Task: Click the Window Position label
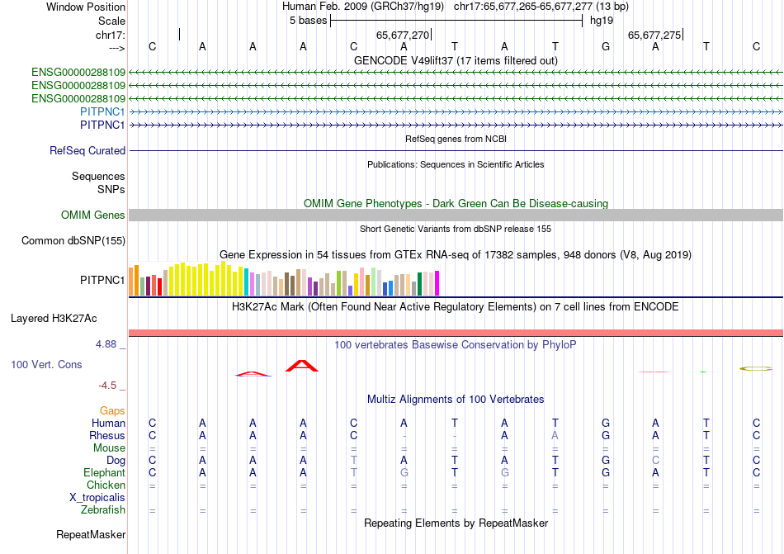(86, 7)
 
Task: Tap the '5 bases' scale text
(308, 21)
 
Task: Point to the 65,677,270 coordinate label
(403, 35)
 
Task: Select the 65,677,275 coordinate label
(654, 35)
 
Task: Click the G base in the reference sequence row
(606, 47)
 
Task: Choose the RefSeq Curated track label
(87, 151)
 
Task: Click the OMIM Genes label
(92, 215)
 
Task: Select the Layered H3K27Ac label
(54, 318)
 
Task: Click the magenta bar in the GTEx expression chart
(437, 283)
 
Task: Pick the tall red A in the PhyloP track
(302, 366)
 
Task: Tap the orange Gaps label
(112, 410)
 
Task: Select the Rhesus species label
(107, 435)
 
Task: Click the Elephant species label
(104, 472)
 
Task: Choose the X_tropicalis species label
(97, 498)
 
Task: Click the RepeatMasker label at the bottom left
(91, 535)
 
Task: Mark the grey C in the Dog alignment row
(656, 460)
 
